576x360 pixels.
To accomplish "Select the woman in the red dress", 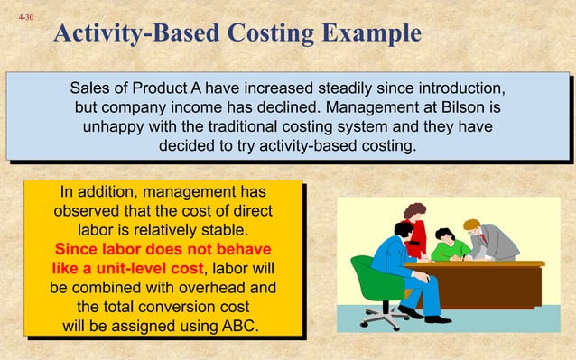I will (x=416, y=230).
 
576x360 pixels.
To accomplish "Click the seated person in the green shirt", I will (x=449, y=246).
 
